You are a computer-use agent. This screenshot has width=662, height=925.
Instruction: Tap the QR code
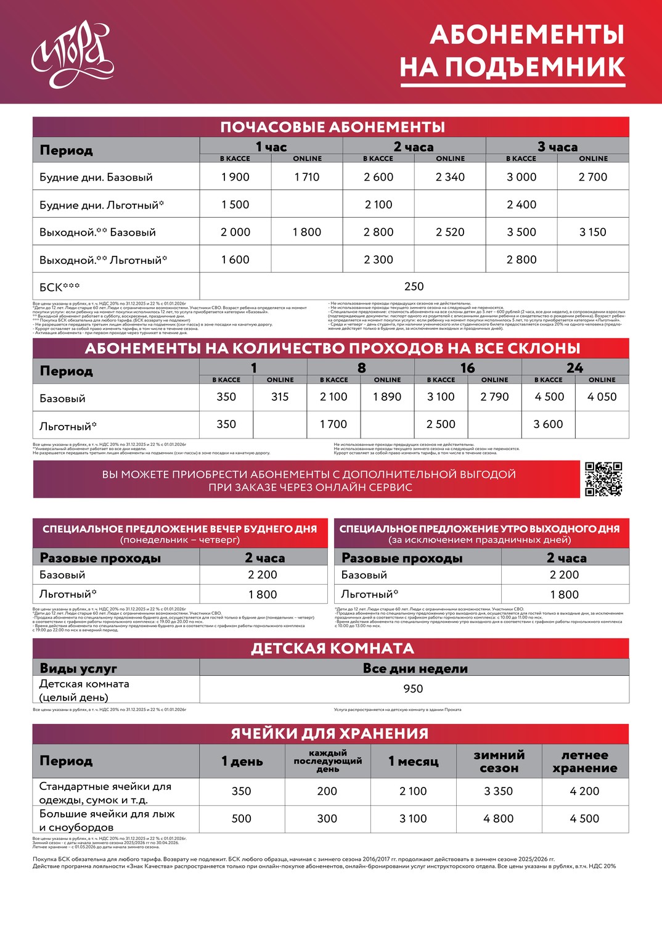pyautogui.click(x=603, y=479)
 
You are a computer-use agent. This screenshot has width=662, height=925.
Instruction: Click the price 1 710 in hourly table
pyautogui.click(x=307, y=177)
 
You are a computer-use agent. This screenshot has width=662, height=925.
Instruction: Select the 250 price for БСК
pyautogui.click(x=414, y=286)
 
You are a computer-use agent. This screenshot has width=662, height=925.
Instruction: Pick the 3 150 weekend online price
pyautogui.click(x=593, y=232)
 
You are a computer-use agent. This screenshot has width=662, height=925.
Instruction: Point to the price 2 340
pyautogui.click(x=450, y=177)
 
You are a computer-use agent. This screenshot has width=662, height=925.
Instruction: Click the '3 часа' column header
pyautogui.click(x=557, y=147)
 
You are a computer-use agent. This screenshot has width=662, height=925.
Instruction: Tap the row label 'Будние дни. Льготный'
pyautogui.click(x=102, y=205)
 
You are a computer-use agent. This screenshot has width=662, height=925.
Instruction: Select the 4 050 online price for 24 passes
pyautogui.click(x=602, y=397)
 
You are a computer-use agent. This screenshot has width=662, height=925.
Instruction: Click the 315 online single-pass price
pyautogui.click(x=280, y=397)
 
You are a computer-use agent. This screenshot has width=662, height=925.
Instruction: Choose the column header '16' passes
pyautogui.click(x=468, y=368)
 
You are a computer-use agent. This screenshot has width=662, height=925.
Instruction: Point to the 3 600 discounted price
pyautogui.click(x=549, y=424)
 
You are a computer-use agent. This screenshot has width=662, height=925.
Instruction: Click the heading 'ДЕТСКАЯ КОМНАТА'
pyautogui.click(x=332, y=648)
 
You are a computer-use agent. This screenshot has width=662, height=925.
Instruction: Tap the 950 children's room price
pyautogui.click(x=413, y=689)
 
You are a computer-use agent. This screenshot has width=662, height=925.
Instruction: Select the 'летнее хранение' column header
pyautogui.click(x=585, y=762)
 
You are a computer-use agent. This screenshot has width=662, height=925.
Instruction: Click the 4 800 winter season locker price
pyautogui.click(x=499, y=818)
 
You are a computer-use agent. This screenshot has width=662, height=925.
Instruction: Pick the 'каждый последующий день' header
pyautogui.click(x=328, y=761)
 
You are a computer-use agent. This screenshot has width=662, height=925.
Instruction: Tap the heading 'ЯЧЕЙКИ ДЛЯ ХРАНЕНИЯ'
pyautogui.click(x=330, y=733)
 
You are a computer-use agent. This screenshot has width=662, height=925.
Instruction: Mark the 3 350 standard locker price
pyautogui.click(x=499, y=791)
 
